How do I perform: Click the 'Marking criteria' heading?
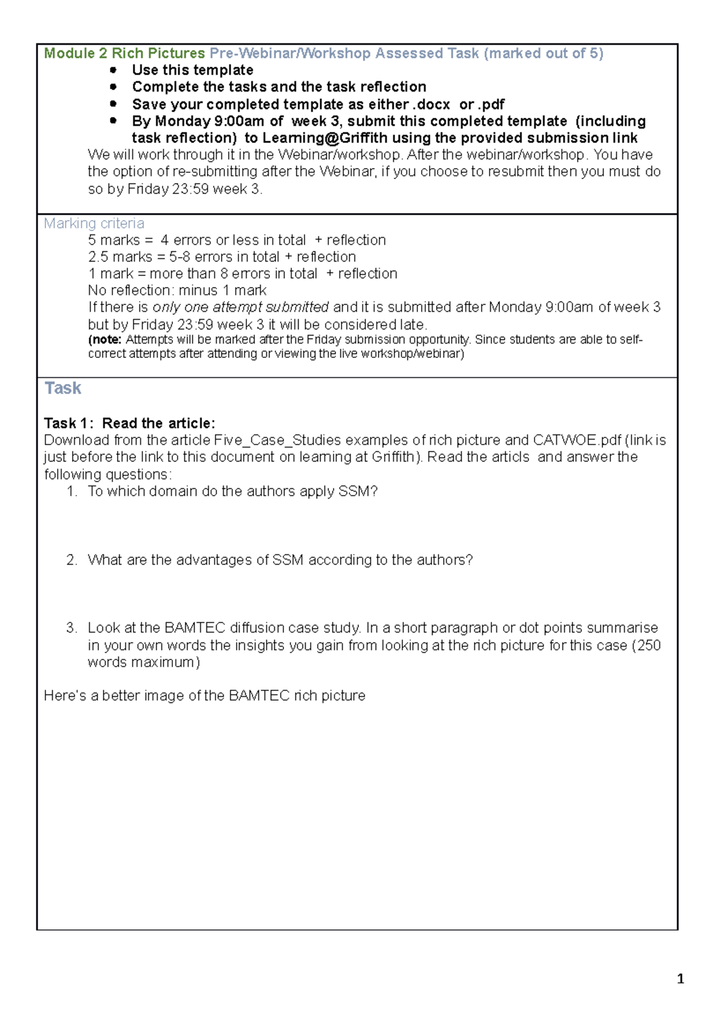click(93, 224)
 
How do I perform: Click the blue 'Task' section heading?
click(62, 388)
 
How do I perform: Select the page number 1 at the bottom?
click(680, 978)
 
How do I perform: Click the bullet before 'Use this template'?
click(113, 70)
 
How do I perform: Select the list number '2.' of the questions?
click(72, 560)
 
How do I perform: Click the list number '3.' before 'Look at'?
click(72, 628)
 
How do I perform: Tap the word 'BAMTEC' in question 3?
click(195, 628)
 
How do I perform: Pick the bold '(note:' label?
click(105, 340)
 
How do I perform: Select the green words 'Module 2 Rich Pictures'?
click(124, 53)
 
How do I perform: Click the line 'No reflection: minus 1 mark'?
click(177, 291)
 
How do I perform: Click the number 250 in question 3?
click(649, 645)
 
